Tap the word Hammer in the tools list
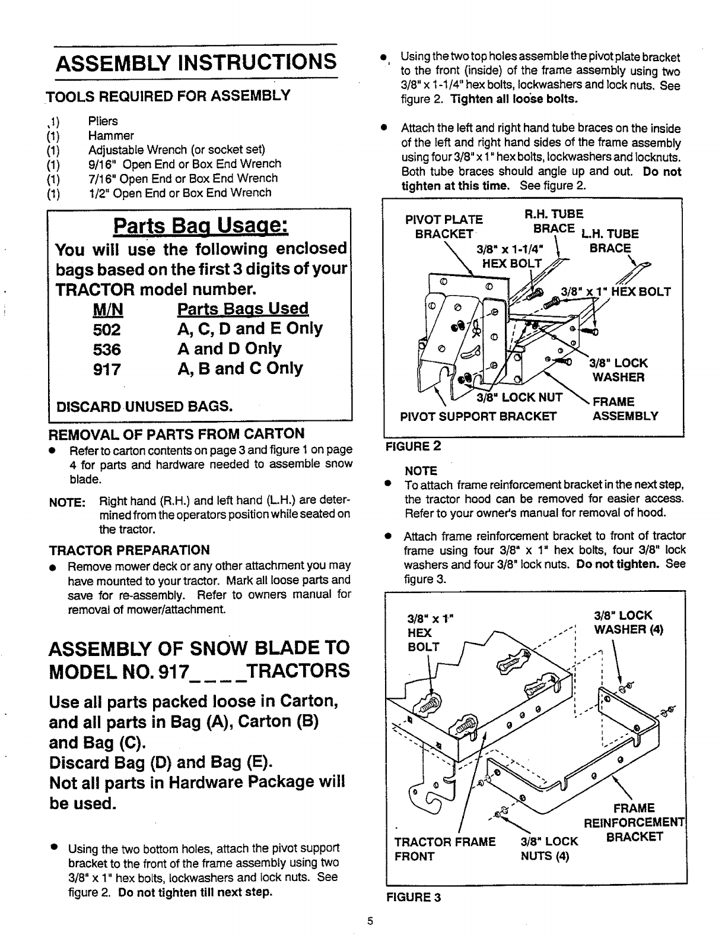111,135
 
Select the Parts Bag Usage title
201,226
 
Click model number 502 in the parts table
107,329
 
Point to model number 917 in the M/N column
107,369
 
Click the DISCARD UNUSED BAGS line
143,406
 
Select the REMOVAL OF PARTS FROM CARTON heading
176,433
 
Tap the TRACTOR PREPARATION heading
129,550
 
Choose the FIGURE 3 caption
414,897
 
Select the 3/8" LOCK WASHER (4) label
623,622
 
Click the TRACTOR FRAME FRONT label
444,848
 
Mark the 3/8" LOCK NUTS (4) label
548,848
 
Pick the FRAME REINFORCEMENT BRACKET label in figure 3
634,822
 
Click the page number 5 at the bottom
369,922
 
